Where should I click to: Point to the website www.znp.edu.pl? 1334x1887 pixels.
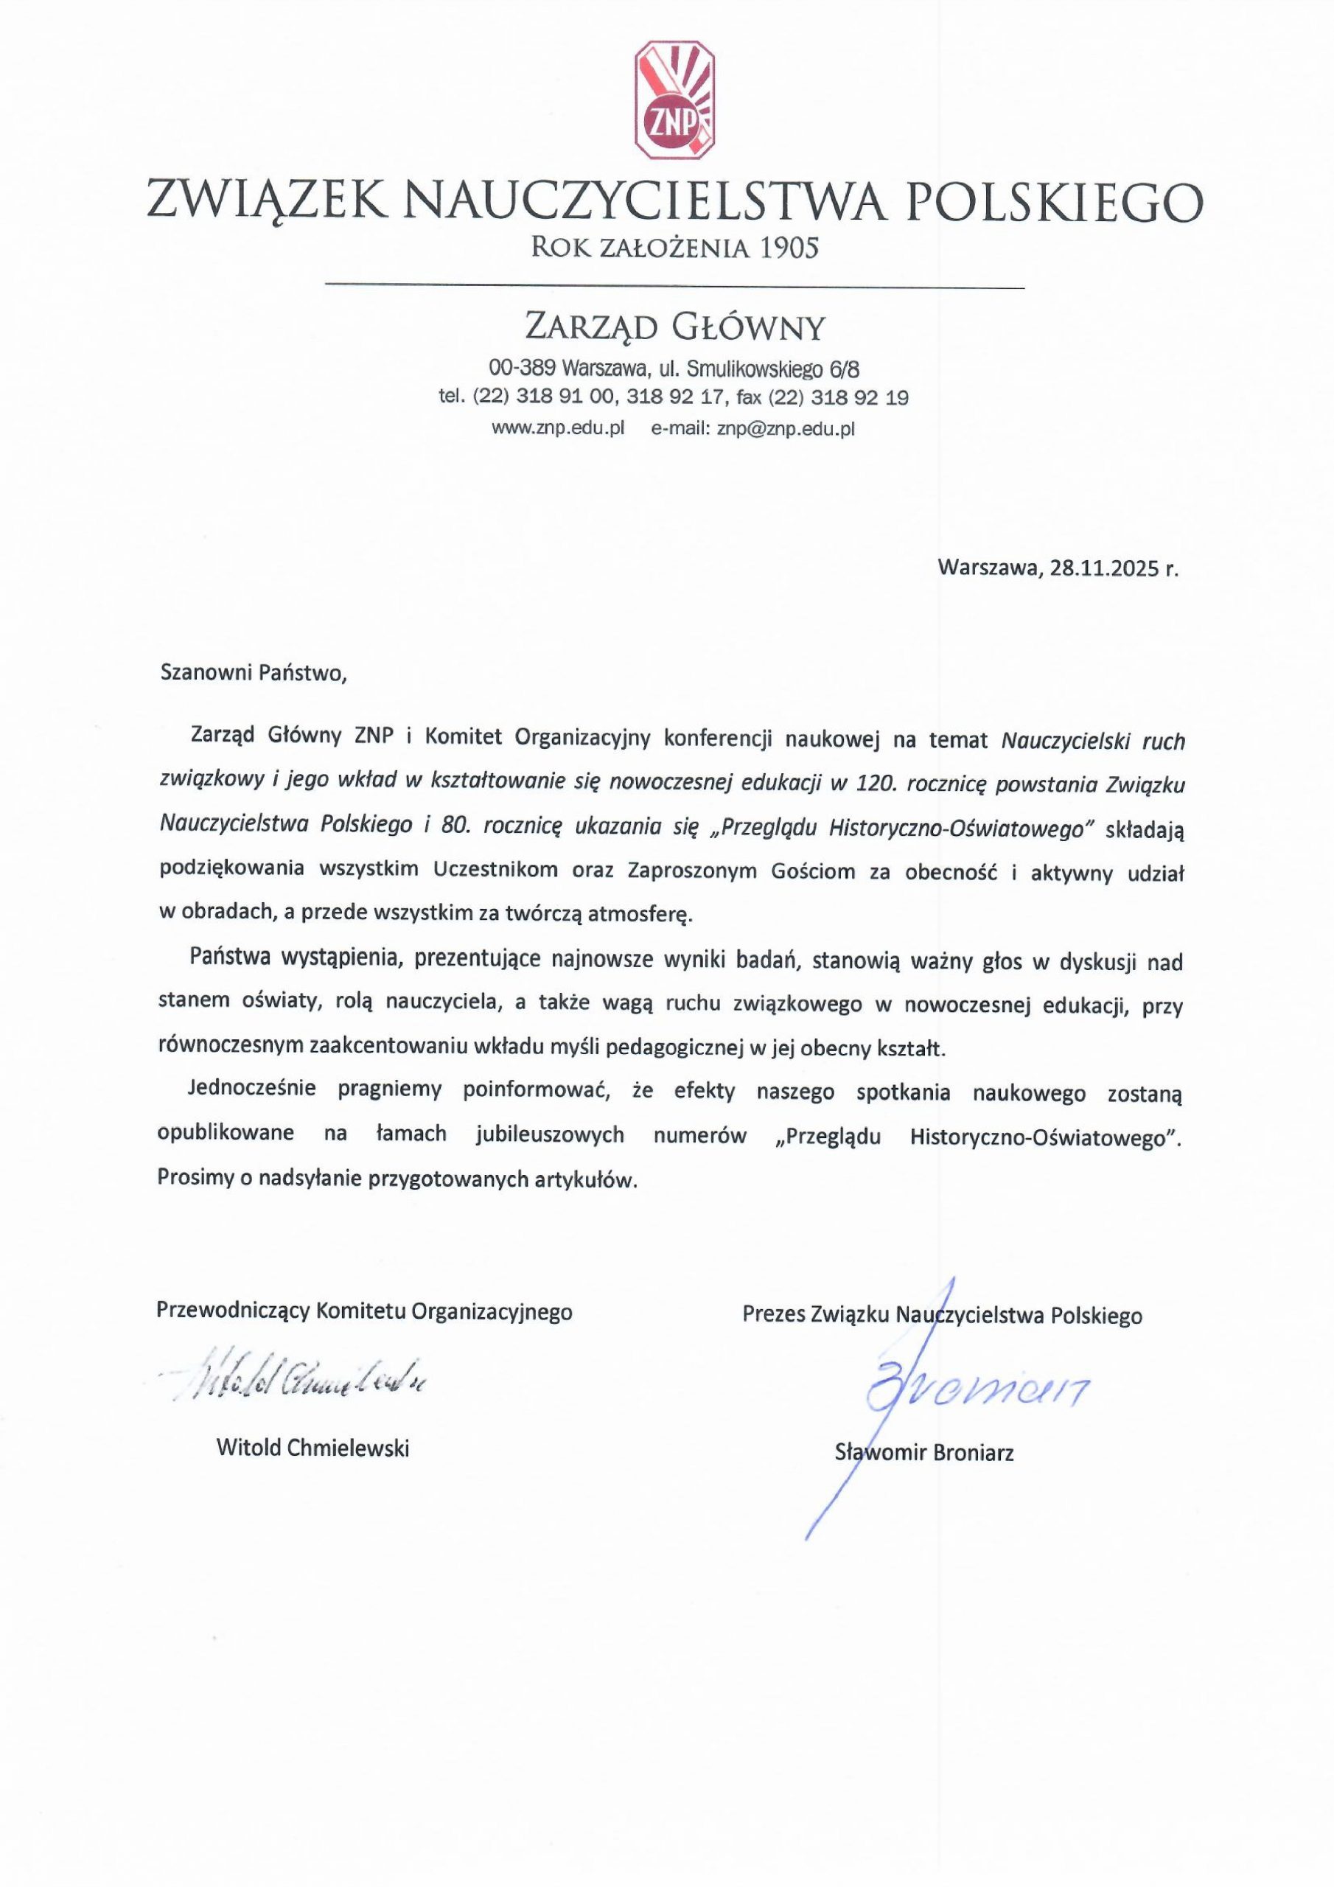558,428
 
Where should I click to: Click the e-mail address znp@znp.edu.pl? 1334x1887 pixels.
786,428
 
